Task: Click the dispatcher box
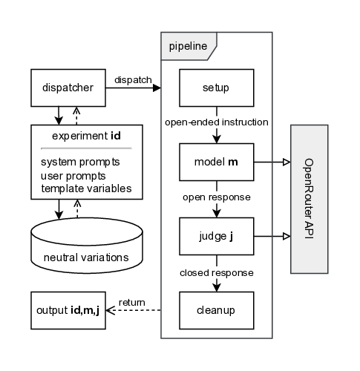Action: [67, 88]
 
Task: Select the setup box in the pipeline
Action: [216, 88]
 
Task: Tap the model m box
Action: [216, 162]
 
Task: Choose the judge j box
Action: [216, 237]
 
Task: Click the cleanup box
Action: [216, 311]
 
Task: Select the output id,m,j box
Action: [67, 311]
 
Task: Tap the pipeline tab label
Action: [187, 46]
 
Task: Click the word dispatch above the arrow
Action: [133, 79]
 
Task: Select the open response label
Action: [217, 198]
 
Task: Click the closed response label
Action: [217, 272]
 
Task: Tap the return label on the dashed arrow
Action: [131, 302]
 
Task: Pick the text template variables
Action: [86, 188]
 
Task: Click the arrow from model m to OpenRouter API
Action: [272, 162]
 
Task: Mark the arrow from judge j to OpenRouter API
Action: [272, 237]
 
